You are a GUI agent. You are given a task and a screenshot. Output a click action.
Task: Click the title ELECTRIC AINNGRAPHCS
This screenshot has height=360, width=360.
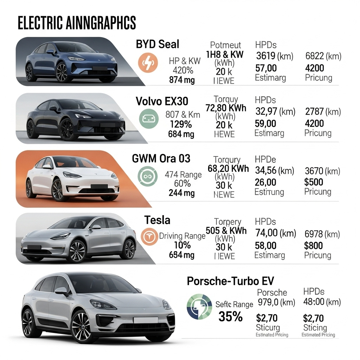(77, 24)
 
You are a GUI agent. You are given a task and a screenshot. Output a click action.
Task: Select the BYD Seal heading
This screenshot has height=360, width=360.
(157, 44)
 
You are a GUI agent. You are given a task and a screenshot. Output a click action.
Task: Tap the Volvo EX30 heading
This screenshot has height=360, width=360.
(162, 101)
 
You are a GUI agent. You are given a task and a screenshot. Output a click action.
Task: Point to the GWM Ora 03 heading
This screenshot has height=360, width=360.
(161, 159)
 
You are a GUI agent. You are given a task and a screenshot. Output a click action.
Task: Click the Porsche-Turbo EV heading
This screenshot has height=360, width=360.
(230, 281)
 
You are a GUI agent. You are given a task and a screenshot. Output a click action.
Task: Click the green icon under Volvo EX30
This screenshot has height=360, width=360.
(146, 118)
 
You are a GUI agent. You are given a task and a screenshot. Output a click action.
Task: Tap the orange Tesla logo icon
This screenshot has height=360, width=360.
(149, 237)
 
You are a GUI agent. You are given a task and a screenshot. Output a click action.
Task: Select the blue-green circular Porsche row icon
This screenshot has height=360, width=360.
(199, 307)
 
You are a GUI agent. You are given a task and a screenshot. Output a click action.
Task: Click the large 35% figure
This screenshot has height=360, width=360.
(231, 317)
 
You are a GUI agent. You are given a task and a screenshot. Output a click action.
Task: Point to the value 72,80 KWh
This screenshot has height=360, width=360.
(226, 108)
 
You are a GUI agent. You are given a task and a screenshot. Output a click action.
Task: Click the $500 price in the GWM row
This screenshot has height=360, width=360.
(314, 182)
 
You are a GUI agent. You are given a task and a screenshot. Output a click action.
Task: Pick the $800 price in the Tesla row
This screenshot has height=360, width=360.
(314, 245)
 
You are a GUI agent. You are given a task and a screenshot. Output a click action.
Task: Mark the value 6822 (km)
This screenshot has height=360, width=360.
(323, 56)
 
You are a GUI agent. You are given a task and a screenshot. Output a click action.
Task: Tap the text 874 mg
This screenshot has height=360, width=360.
(182, 80)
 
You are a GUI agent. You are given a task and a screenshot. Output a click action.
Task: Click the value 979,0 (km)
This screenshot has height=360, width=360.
(276, 302)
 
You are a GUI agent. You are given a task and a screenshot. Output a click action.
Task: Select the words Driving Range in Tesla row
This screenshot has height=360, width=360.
(182, 236)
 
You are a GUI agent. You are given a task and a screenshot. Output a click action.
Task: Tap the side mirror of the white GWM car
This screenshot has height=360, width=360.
(47, 167)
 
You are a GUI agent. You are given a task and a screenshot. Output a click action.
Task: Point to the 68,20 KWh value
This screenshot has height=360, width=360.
(228, 169)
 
